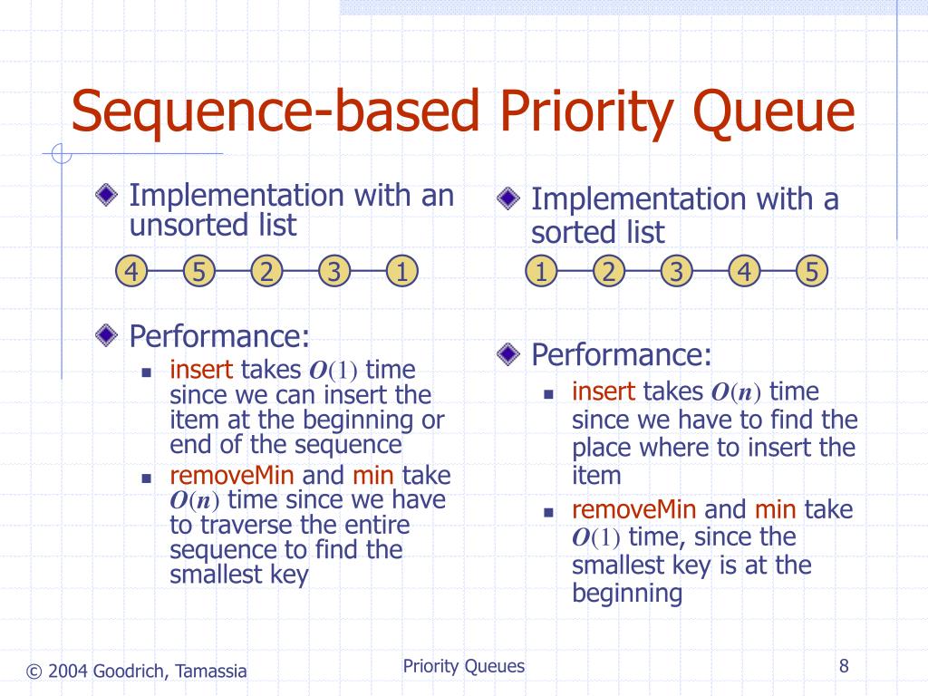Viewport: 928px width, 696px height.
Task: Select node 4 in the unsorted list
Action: coord(131,271)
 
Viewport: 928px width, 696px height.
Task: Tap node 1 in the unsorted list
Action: coord(401,271)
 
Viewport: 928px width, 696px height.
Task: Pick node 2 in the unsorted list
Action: coord(266,271)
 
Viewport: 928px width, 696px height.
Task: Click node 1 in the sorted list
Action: coord(541,271)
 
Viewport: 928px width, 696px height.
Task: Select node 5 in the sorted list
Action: coord(812,271)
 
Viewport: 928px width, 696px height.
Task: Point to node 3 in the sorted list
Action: coord(676,271)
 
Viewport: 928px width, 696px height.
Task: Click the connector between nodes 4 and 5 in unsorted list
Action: coord(165,271)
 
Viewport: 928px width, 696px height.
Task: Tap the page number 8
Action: coord(844,667)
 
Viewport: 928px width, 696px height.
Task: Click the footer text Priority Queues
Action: coord(464,667)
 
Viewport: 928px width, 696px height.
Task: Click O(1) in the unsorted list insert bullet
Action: coord(334,372)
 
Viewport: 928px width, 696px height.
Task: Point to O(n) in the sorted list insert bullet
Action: coord(735,392)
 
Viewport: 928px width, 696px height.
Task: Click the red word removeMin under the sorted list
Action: coord(633,509)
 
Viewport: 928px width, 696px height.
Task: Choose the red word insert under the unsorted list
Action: coord(201,370)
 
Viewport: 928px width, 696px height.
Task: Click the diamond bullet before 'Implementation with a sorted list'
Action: coord(508,198)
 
